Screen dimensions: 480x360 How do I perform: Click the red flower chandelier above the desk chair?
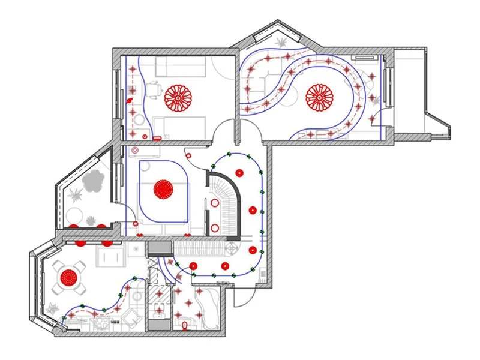[178, 98]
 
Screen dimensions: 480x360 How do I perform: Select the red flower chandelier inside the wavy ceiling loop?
[319, 98]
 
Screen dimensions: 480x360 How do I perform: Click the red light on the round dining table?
[70, 277]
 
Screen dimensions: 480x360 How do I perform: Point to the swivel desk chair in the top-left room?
[154, 90]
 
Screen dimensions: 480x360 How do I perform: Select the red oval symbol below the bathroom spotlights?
[184, 325]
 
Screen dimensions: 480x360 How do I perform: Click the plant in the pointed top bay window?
[281, 43]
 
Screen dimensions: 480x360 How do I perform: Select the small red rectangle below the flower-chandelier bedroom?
[157, 138]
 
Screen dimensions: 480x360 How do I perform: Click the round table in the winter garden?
[78, 213]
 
